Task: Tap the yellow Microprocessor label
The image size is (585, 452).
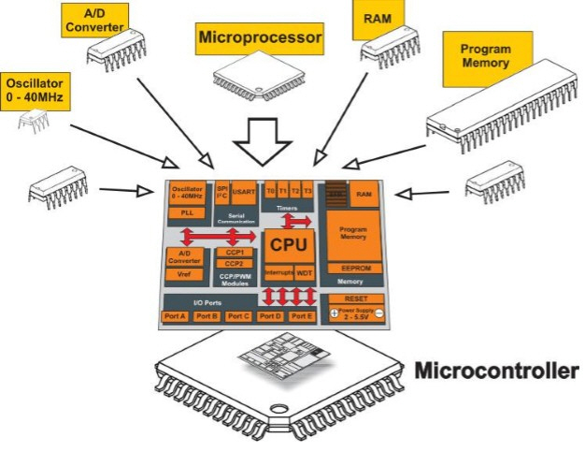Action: click(258, 39)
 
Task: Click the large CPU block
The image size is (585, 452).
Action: click(290, 244)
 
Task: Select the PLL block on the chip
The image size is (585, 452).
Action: click(187, 212)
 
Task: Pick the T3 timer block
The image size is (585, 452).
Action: click(307, 190)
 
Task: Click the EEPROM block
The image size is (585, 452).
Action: click(350, 268)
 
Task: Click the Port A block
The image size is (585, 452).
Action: click(177, 316)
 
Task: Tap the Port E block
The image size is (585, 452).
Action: click(300, 316)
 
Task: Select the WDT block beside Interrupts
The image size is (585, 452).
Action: click(305, 273)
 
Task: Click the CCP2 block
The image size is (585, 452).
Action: click(235, 264)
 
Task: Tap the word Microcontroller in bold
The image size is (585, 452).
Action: click(495, 371)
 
